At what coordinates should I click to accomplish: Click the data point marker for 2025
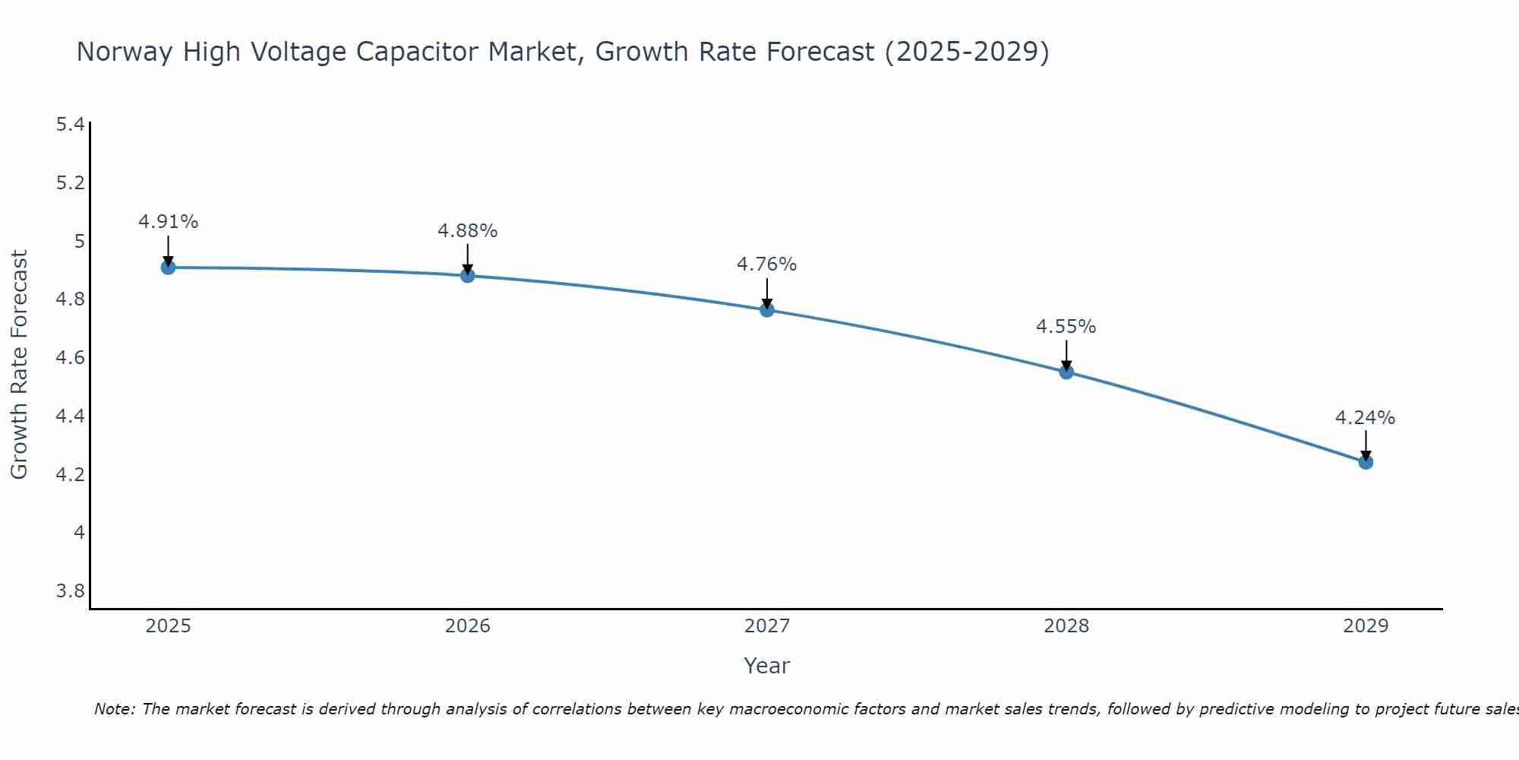click(168, 268)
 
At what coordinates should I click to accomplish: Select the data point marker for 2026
click(468, 276)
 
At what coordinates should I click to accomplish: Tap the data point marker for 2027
click(767, 310)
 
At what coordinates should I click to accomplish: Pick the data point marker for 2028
click(1066, 372)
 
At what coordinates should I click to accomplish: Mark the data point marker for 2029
click(1366, 462)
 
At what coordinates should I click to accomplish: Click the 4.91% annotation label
click(168, 222)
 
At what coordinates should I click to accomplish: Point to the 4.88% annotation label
click(468, 230)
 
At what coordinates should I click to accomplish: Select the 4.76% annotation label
click(767, 264)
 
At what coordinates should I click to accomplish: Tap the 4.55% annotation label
click(1066, 327)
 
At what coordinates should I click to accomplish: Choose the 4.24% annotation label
click(1366, 418)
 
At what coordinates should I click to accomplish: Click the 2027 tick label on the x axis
click(767, 626)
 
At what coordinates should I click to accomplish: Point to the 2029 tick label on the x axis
click(1366, 626)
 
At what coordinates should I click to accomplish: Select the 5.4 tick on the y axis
click(71, 125)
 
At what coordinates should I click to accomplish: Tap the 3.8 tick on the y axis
click(71, 591)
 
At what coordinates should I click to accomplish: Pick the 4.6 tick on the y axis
click(71, 358)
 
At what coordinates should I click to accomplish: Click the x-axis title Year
click(767, 666)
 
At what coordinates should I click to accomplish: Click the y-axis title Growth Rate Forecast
click(19, 365)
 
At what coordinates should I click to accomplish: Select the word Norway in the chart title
click(125, 52)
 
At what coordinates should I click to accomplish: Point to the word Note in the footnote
click(114, 709)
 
